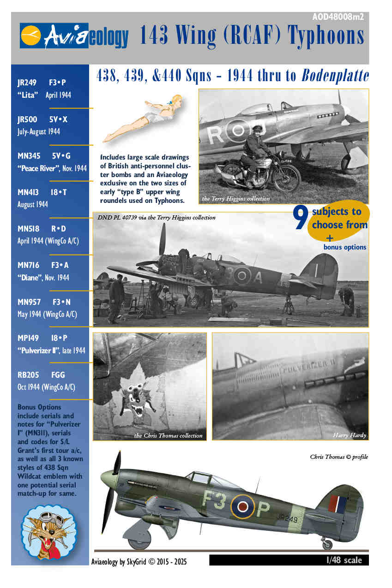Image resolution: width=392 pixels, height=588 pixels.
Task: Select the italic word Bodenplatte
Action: [x=335, y=76]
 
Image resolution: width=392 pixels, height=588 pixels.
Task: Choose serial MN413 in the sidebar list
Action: [x=28, y=192]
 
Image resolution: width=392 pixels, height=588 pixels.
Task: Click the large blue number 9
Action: [x=301, y=219]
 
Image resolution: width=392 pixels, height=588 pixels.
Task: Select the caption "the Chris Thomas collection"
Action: [x=168, y=435]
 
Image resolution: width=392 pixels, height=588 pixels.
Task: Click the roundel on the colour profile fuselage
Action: [x=242, y=507]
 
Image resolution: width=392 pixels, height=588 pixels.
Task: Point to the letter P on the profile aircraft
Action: [x=262, y=509]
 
